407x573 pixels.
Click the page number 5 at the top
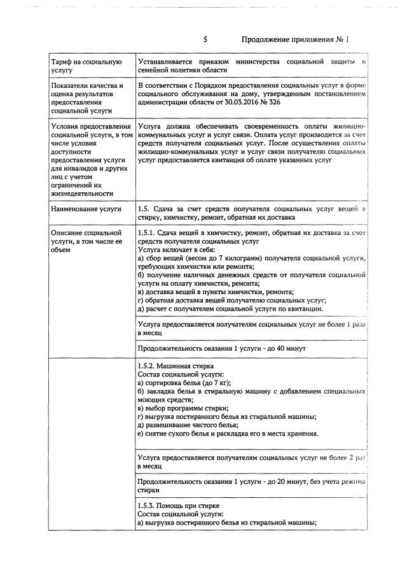point(205,39)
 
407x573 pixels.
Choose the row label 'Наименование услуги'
point(82,209)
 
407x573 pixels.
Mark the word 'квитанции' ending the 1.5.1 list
point(304,309)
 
